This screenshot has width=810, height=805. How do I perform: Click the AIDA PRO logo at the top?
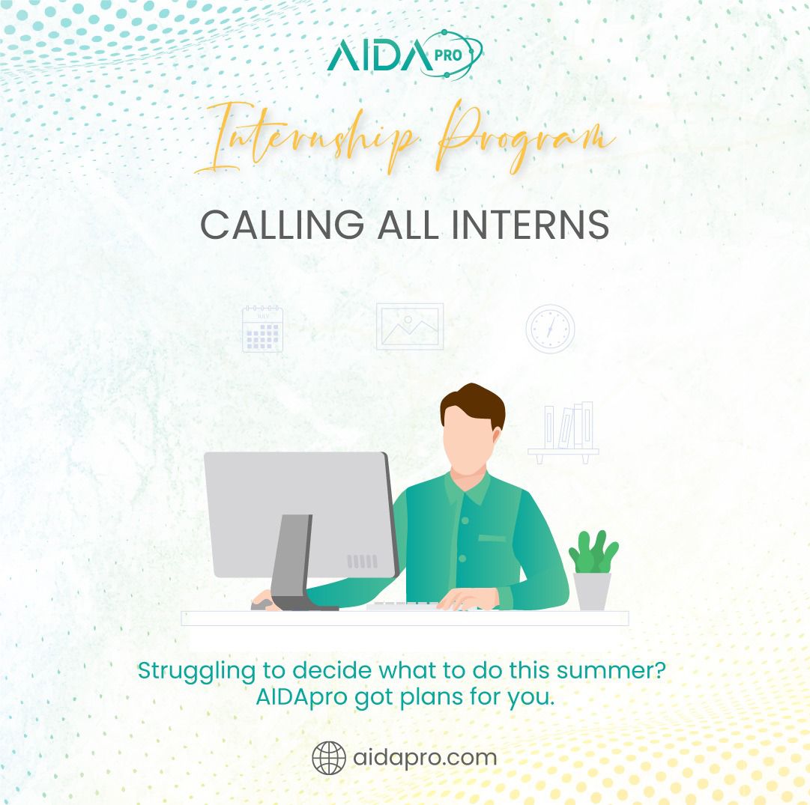(405, 54)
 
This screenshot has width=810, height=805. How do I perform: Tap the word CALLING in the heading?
(282, 225)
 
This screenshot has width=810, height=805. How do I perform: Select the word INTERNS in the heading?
(531, 225)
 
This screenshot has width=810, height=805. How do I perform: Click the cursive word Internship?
(305, 139)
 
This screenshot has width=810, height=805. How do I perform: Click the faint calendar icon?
(262, 329)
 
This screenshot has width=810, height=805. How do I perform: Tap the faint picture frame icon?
(410, 326)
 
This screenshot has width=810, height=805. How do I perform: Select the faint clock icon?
(550, 329)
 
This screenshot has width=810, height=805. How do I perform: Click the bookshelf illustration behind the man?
(563, 433)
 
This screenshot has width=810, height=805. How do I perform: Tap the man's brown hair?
(473, 403)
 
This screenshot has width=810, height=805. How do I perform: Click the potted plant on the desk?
(593, 570)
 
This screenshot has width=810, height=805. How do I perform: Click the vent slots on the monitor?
(362, 562)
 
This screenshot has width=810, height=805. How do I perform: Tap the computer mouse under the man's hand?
(262, 604)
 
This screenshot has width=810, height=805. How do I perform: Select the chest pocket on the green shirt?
(492, 538)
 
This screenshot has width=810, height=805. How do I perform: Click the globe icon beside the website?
(329, 758)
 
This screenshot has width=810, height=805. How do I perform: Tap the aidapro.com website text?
(425, 758)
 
